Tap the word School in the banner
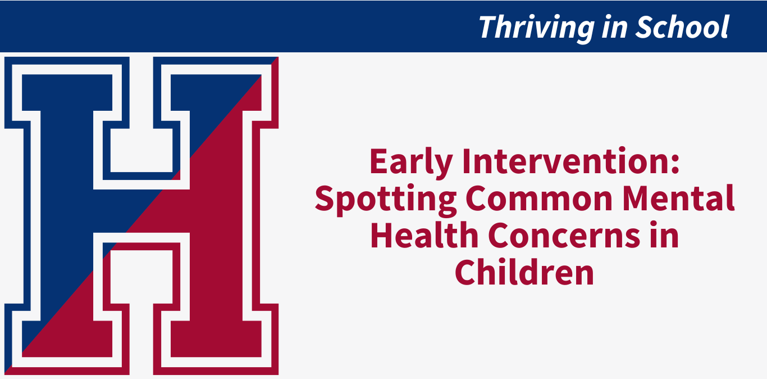[x=682, y=26]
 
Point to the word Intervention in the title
[x=566, y=161]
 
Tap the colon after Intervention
[x=675, y=165]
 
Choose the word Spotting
[x=386, y=200]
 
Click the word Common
[x=539, y=198]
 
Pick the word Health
[x=424, y=235]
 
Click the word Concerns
[x=564, y=236]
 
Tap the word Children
[x=524, y=272]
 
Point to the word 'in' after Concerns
[x=665, y=234]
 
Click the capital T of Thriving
[x=488, y=27]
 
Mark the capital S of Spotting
[x=325, y=198]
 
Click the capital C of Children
[x=465, y=272]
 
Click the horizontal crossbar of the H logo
[x=141, y=211]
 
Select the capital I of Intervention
[x=467, y=161]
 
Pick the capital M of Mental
[x=637, y=198]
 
